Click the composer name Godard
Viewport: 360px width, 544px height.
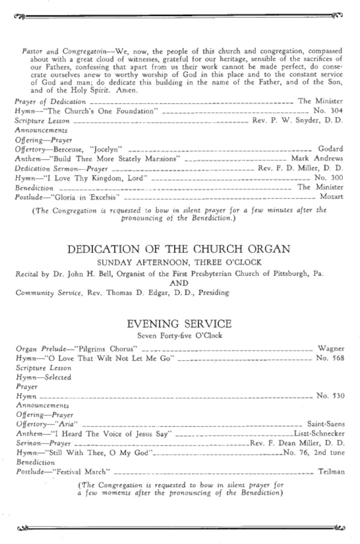click(x=330, y=149)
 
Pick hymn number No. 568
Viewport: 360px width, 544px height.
click(x=330, y=358)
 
